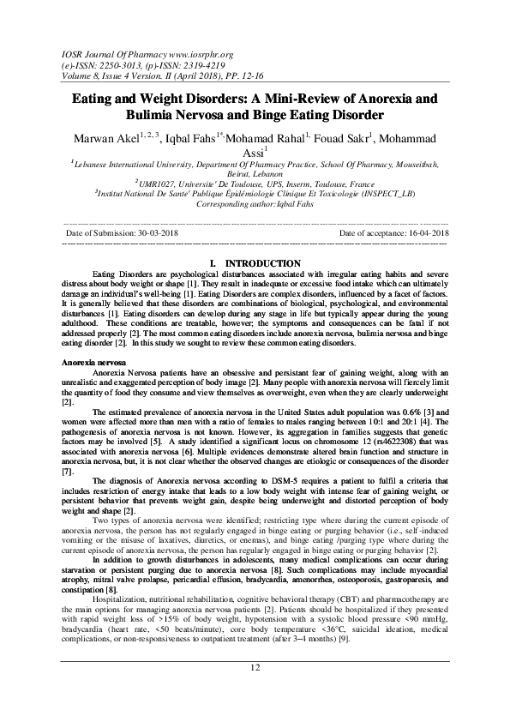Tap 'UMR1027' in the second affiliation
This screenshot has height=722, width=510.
pyautogui.click(x=153, y=182)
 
